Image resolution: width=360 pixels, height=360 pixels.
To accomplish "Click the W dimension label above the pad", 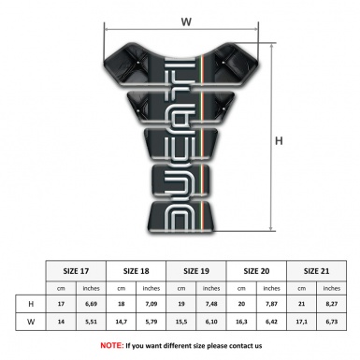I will (186, 18).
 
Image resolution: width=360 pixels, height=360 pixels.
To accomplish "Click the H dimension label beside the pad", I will (278, 140).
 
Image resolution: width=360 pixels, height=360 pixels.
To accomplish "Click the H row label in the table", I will (32, 304).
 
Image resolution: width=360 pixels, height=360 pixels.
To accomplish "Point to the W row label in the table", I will (32, 323).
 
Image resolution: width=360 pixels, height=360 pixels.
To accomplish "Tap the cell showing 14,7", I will (122, 323).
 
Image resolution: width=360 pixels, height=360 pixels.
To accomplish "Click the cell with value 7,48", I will (211, 304).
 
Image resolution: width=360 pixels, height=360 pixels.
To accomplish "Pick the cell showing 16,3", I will (241, 323).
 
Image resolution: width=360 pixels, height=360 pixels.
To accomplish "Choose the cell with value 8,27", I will (330, 304).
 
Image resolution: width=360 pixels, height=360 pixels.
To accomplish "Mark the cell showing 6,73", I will (330, 323).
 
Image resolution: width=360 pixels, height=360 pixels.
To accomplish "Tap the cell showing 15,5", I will (181, 323).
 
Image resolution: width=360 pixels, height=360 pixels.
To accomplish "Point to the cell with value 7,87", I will (271, 304).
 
